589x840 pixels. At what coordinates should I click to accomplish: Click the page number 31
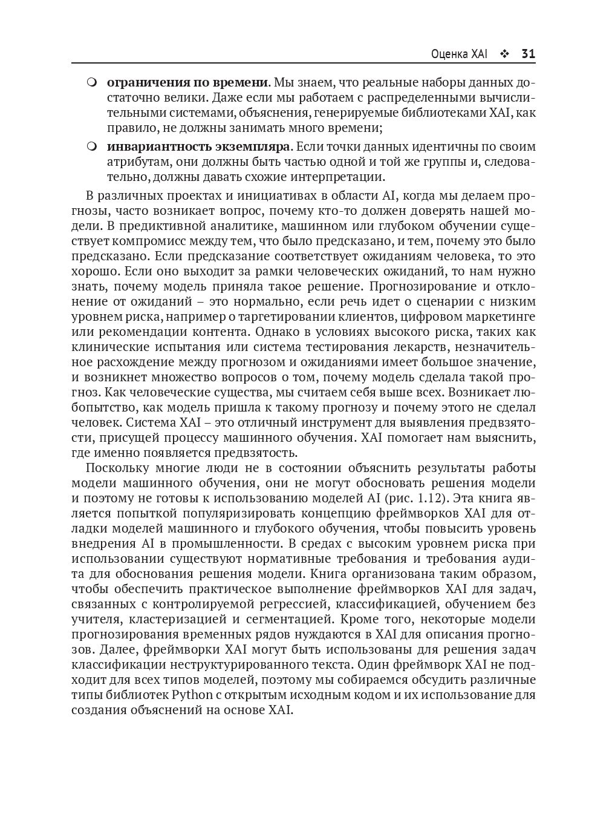528,54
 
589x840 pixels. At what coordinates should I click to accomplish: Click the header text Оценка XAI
459,54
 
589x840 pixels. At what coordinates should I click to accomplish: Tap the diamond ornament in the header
504,54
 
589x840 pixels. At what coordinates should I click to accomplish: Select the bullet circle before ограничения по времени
92,82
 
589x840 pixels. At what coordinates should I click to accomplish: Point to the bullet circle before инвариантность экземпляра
92,147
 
